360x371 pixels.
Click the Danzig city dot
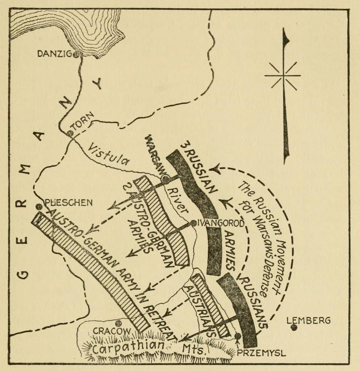point(76,55)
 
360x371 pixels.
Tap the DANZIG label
point(54,54)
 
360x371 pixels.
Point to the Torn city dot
point(70,134)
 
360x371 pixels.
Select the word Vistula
point(108,155)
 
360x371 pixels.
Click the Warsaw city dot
point(165,178)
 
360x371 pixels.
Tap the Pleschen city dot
point(39,207)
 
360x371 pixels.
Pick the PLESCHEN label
point(68,202)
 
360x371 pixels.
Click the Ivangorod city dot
point(193,223)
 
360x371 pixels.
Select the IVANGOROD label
point(220,223)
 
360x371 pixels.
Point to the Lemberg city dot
point(294,328)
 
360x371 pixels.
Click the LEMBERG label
point(308,320)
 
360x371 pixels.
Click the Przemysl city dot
point(238,336)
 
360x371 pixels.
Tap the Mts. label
point(193,349)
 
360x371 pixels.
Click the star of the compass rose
point(282,76)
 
